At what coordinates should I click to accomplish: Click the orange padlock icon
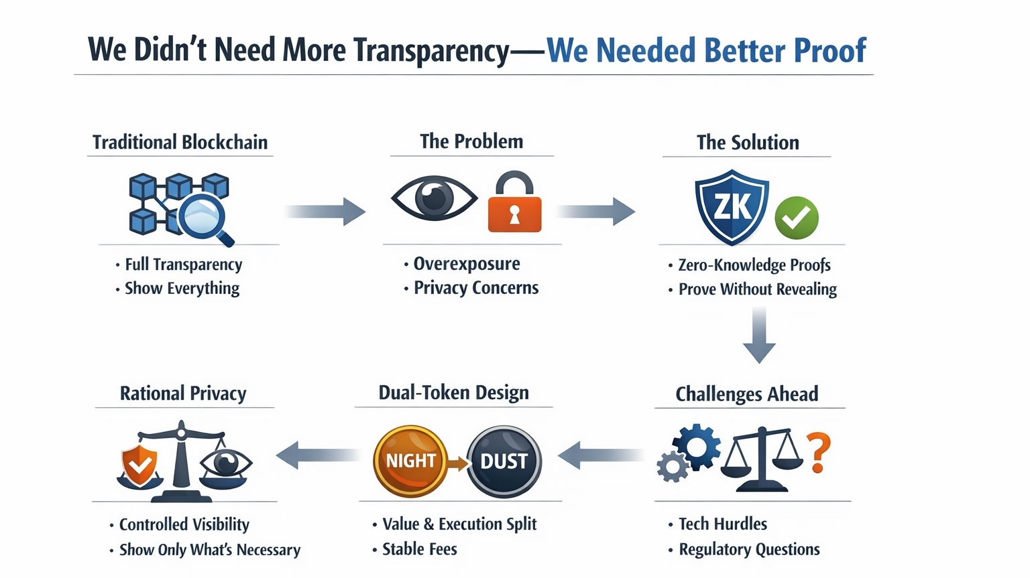tap(514, 206)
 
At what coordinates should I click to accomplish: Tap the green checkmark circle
tap(797, 218)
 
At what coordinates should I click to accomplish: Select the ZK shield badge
tap(732, 206)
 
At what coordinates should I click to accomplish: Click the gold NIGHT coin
tap(410, 461)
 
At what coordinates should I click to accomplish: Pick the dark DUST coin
tap(504, 461)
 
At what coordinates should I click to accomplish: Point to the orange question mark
tap(818, 453)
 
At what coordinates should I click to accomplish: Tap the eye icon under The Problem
tap(434, 198)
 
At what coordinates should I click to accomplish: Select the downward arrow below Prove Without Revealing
tap(759, 335)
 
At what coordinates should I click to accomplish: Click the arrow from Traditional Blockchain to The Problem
tap(325, 212)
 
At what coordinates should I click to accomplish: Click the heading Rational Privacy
tap(183, 393)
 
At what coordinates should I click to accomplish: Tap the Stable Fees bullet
tap(419, 549)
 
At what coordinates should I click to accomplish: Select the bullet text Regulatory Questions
tap(749, 549)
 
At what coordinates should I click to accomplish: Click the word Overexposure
tap(466, 264)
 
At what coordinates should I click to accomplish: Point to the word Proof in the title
tap(830, 51)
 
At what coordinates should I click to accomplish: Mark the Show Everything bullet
tap(182, 289)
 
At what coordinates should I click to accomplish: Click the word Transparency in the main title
tap(431, 51)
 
